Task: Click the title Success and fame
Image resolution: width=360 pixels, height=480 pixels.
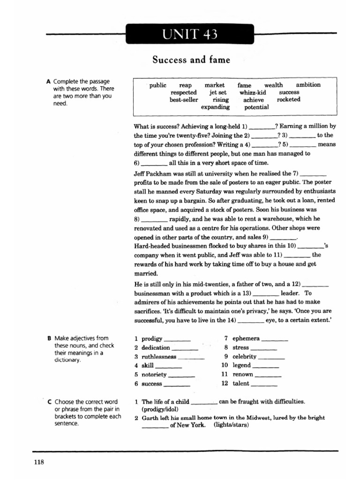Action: pyautogui.click(x=191, y=60)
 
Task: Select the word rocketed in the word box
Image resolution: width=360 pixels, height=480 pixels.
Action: pyautogui.click(x=289, y=99)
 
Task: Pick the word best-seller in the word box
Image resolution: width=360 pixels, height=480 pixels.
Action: pyautogui.click(x=184, y=99)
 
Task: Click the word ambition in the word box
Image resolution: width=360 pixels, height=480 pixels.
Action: pyautogui.click(x=308, y=85)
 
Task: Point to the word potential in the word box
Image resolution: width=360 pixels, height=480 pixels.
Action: pyautogui.click(x=256, y=107)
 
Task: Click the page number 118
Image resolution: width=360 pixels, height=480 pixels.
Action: pyautogui.click(x=39, y=462)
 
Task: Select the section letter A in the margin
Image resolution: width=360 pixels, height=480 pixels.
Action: pyautogui.click(x=48, y=82)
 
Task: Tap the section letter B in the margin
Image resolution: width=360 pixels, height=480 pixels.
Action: pyautogui.click(x=49, y=338)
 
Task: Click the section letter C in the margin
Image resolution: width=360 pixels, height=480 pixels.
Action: pyautogui.click(x=49, y=402)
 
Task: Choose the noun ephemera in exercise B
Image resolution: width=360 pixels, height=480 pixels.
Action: pyautogui.click(x=246, y=338)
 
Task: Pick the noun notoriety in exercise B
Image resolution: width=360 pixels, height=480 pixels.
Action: pyautogui.click(x=154, y=375)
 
